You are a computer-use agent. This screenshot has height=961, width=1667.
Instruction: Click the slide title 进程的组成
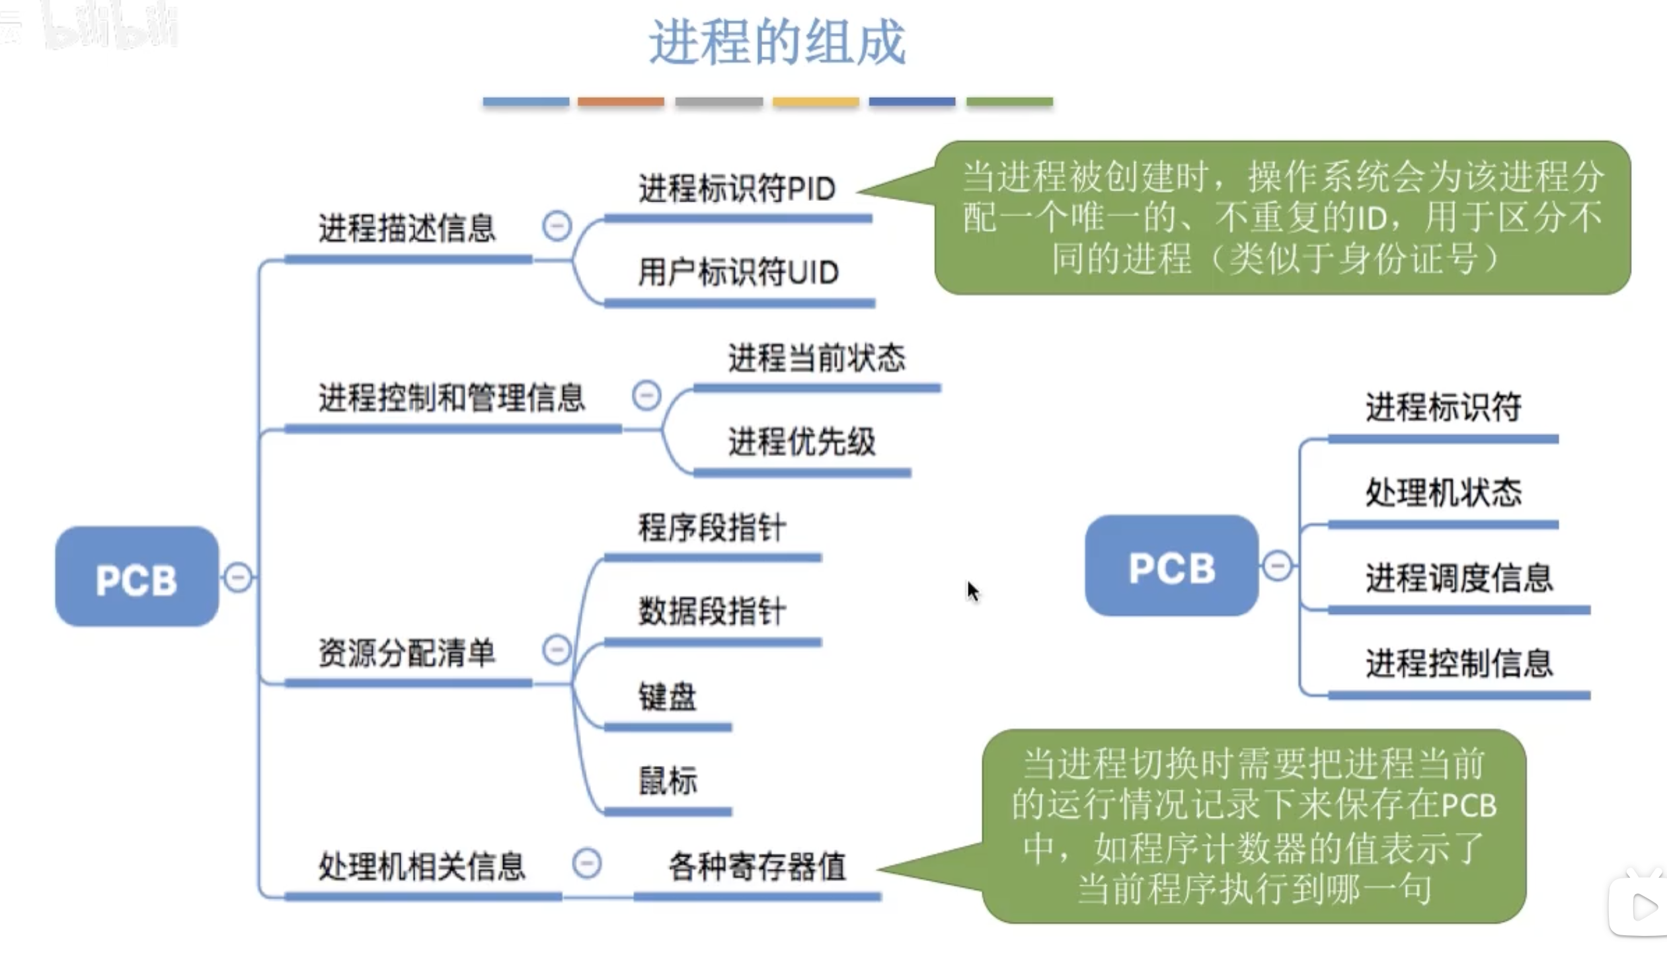tap(777, 42)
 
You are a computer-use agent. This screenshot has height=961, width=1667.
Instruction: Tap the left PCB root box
tap(137, 577)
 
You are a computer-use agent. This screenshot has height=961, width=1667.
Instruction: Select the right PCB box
tap(1171, 566)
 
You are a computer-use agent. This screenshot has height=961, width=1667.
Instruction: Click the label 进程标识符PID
tap(737, 189)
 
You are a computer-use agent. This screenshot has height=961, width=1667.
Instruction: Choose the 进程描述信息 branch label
tap(407, 229)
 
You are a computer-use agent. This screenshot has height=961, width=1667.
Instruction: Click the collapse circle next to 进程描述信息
tap(557, 226)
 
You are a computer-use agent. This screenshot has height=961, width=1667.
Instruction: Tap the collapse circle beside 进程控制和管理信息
tap(646, 395)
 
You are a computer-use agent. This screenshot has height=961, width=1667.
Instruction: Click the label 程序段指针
tap(712, 528)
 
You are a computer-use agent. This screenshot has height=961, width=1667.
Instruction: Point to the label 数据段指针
tap(712, 611)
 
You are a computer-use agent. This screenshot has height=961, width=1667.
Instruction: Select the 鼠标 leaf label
tap(667, 781)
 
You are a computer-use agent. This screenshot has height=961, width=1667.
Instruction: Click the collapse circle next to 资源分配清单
tap(557, 649)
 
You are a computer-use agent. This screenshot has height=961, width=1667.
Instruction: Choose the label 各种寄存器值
tap(757, 867)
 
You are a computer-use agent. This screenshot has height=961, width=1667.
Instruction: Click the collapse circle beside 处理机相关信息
tap(587, 863)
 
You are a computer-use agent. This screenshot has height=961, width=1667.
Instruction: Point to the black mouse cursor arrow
tap(972, 591)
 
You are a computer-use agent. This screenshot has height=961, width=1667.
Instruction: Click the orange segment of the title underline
tap(621, 102)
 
